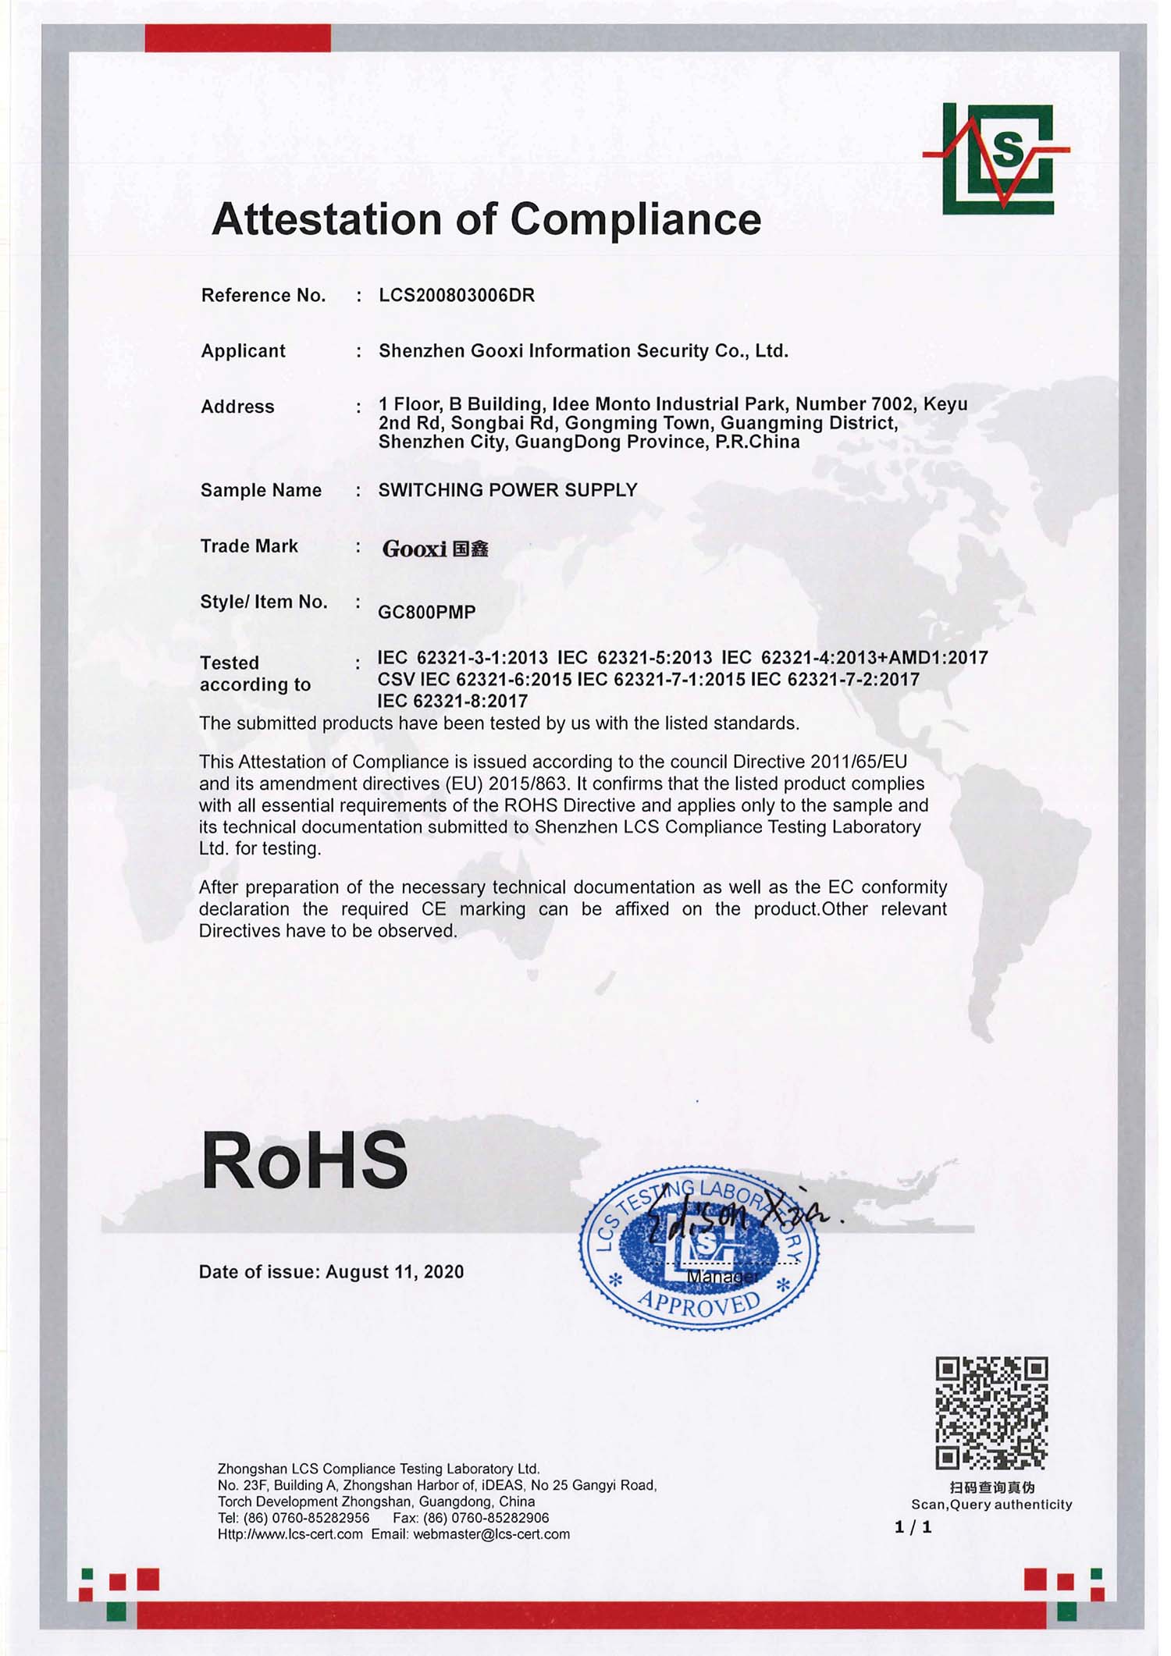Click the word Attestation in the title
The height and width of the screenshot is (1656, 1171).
[326, 219]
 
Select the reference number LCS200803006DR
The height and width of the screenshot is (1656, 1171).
[457, 296]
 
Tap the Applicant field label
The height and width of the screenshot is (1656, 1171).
[243, 351]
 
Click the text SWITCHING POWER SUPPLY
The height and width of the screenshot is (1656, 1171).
[507, 490]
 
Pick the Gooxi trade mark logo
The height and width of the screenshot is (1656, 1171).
[435, 549]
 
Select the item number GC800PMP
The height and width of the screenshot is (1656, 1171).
[426, 613]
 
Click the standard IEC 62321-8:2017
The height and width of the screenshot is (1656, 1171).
[452, 701]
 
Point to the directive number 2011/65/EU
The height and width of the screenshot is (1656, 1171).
[859, 762]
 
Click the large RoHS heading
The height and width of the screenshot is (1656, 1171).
[304, 1160]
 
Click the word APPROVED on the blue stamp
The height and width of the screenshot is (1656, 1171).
[699, 1303]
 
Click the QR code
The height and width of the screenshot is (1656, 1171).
[991, 1413]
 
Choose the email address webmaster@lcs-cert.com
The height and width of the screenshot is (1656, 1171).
[491, 1534]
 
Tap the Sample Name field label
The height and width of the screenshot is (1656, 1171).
[261, 491]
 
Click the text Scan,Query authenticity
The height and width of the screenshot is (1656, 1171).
[991, 1505]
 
